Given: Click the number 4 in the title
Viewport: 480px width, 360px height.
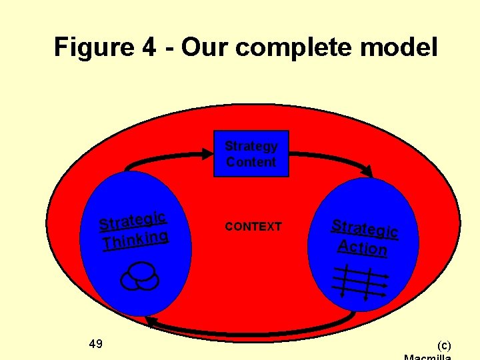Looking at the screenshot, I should click(149, 48).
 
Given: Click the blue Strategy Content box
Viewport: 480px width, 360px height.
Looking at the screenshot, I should click(251, 153).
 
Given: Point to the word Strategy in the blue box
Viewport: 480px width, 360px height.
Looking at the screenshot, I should click(251, 146).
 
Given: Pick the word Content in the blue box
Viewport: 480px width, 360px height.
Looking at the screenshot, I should click(251, 162).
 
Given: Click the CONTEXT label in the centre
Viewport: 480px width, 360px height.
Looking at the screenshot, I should click(253, 227).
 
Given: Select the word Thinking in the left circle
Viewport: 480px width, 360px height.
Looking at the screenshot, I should click(135, 240).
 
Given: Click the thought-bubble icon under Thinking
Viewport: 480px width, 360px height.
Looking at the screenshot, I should click(139, 277).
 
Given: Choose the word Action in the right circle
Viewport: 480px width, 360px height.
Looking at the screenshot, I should click(362, 247).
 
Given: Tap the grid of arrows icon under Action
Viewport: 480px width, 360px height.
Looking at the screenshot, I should click(360, 280).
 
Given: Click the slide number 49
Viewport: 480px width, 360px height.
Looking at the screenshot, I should click(95, 344).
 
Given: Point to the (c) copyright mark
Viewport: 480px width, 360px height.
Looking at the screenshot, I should click(443, 345).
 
